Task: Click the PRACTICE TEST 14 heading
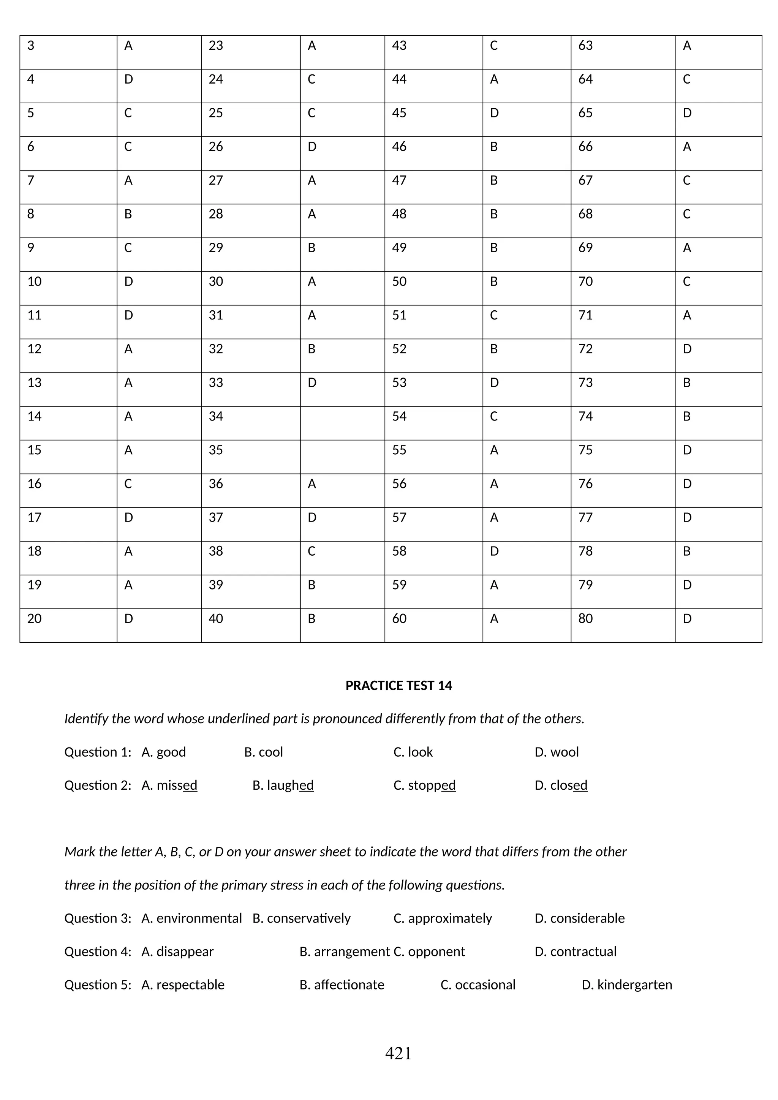[x=398, y=686]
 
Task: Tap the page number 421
[x=398, y=1053]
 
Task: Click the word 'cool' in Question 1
[x=271, y=752]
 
